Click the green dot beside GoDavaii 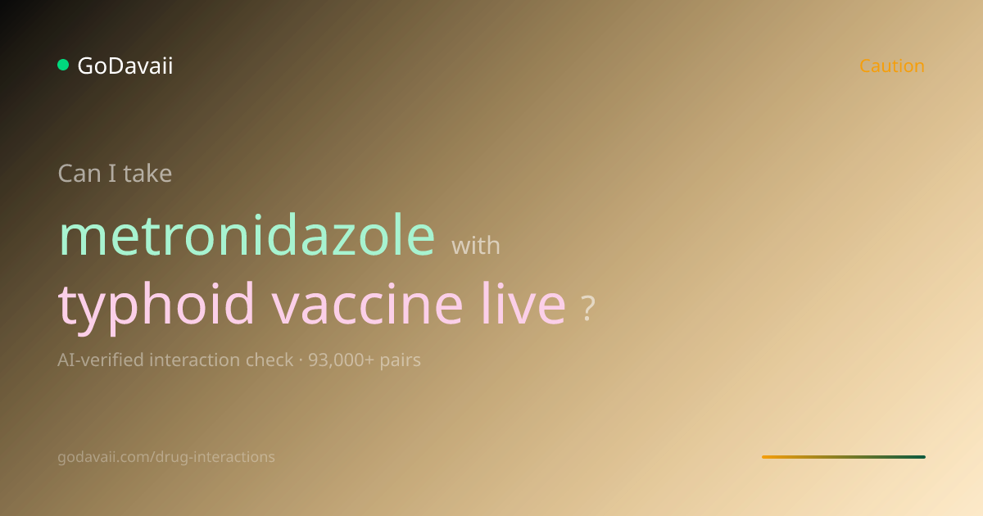(63, 65)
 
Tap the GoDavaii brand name (125, 66)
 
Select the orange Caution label (892, 66)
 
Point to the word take (147, 174)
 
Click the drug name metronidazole (247, 235)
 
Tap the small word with (476, 245)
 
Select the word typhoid (156, 304)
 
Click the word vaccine (367, 304)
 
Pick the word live (523, 303)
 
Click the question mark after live (588, 309)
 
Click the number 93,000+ (341, 360)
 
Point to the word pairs (401, 361)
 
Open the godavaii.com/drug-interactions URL (166, 457)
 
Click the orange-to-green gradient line (844, 457)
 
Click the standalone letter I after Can (112, 174)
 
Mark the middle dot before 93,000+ (301, 360)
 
